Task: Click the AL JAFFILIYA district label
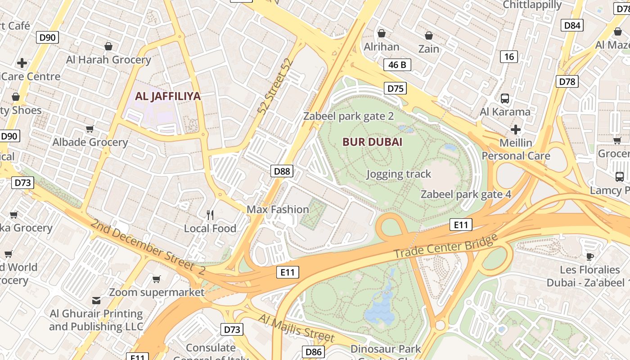[168, 96]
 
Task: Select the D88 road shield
[282, 171]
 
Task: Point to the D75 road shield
[396, 88]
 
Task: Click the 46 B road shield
[397, 65]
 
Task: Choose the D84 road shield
[572, 25]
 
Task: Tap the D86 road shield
[313, 352]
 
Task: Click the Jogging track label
[399, 174]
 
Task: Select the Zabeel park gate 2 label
[348, 116]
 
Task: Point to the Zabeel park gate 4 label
[466, 194]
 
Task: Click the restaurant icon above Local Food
[210, 215]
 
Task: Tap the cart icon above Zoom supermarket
[156, 279]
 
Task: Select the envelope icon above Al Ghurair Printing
[96, 300]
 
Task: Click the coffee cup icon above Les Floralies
[589, 256]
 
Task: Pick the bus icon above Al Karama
[505, 98]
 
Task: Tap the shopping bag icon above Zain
[429, 35]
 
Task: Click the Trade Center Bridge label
[445, 246]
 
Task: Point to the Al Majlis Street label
[297, 328]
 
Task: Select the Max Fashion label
[278, 209]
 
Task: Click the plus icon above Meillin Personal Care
[516, 130]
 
